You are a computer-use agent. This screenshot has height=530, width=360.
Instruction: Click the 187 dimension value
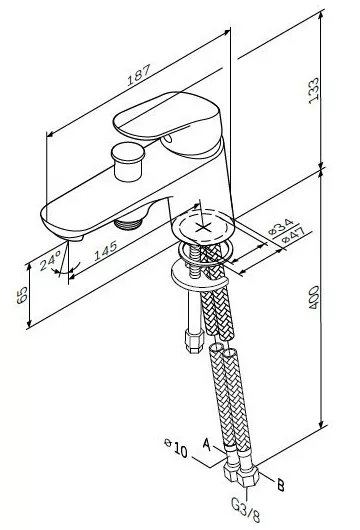pyautogui.click(x=139, y=75)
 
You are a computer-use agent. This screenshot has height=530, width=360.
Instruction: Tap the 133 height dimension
pyautogui.click(x=314, y=91)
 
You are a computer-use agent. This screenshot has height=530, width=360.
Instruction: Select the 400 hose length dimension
pyautogui.click(x=314, y=297)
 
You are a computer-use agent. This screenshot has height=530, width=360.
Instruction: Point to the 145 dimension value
pyautogui.click(x=105, y=250)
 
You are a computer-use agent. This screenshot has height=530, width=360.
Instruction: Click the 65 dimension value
pyautogui.click(x=22, y=295)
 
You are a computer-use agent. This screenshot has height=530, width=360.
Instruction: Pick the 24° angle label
pyautogui.click(x=50, y=261)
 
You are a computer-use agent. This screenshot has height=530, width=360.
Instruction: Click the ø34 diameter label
pyautogui.click(x=281, y=226)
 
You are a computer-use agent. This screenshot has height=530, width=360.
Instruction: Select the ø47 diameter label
pyautogui.click(x=293, y=235)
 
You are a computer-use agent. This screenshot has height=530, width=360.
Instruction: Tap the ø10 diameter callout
pyautogui.click(x=176, y=449)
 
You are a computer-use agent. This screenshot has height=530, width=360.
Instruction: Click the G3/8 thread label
pyautogui.click(x=246, y=510)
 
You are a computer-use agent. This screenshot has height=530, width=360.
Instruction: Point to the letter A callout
pyautogui.click(x=207, y=444)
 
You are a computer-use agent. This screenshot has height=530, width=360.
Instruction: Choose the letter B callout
pyautogui.click(x=281, y=485)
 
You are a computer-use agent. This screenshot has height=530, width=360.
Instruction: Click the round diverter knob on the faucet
pyautogui.click(x=128, y=162)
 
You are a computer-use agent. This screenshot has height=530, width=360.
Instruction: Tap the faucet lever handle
pyautogui.click(x=167, y=123)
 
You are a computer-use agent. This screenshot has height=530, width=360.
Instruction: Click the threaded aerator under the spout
pyautogui.click(x=128, y=223)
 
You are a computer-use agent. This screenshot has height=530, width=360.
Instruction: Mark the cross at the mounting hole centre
pyautogui.click(x=204, y=227)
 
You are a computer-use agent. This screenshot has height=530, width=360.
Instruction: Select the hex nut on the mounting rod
pyautogui.click(x=194, y=340)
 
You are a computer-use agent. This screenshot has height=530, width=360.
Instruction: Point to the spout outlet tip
pyautogui.click(x=74, y=239)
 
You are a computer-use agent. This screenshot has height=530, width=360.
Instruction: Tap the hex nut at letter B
pyautogui.click(x=247, y=476)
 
